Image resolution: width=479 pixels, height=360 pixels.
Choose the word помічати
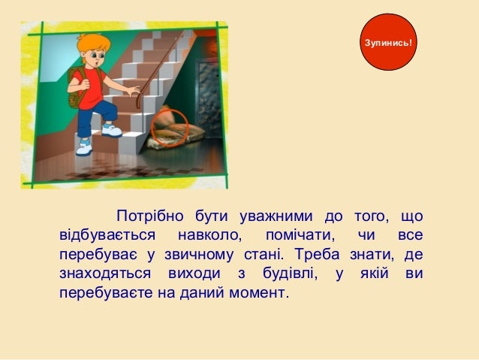tap(294, 236)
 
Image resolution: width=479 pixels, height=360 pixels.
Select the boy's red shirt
tap(89, 86)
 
